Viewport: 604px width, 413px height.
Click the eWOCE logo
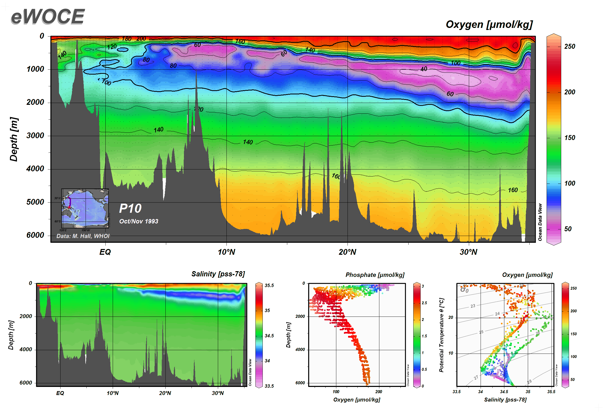tap(48, 16)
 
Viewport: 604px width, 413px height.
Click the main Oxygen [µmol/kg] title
tap(489, 25)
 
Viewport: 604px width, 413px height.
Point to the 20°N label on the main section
tap(347, 252)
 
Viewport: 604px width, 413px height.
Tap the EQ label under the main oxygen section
tap(105, 252)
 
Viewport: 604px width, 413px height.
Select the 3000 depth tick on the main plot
tap(35, 136)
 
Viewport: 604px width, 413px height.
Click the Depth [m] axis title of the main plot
tap(14, 139)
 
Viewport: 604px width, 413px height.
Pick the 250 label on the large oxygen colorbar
tap(569, 46)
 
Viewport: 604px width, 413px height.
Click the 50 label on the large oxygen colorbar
tap(568, 229)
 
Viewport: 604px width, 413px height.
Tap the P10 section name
tap(130, 208)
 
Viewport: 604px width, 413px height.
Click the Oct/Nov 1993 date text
tap(139, 221)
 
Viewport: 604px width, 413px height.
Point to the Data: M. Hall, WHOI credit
tap(83, 236)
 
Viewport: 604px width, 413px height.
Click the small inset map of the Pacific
tap(85, 208)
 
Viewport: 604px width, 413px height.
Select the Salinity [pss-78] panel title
tap(218, 274)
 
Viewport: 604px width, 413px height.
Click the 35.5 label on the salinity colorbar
tap(269, 286)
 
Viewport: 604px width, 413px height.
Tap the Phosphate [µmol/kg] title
tap(375, 275)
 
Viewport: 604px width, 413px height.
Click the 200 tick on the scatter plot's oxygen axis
tap(378, 392)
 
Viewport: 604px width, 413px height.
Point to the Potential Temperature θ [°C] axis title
tap(441, 335)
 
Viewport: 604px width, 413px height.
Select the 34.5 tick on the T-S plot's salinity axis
tap(504, 392)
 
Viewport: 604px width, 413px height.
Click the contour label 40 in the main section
tap(424, 69)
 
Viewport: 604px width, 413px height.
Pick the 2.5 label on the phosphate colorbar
tap(424, 303)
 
